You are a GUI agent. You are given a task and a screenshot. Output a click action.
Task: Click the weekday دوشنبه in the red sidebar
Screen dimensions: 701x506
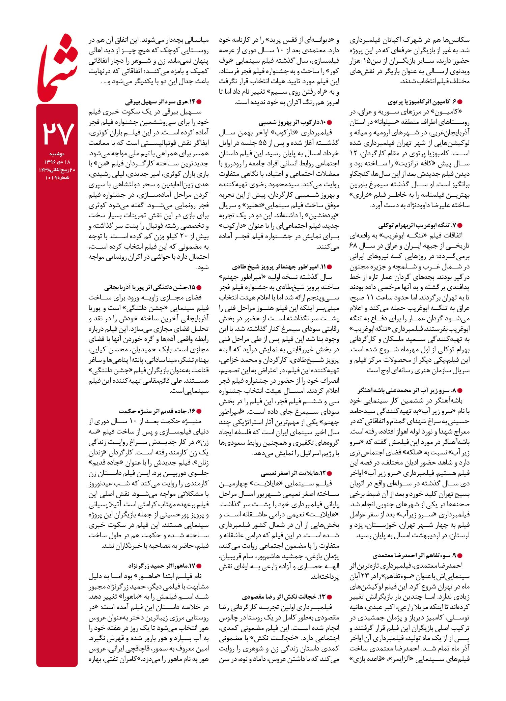57,154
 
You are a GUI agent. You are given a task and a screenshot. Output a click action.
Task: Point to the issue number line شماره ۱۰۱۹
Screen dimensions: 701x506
57,178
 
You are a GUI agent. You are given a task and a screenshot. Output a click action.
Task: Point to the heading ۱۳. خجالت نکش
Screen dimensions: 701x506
283,597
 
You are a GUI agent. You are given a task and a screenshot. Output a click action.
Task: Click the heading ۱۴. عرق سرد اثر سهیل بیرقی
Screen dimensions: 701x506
160,102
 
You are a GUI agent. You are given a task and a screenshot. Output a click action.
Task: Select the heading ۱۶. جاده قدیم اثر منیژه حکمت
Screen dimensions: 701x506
157,411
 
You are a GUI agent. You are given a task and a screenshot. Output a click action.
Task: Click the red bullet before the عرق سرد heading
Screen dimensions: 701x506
199,102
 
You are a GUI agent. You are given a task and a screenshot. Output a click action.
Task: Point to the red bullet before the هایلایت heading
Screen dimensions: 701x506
330,473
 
